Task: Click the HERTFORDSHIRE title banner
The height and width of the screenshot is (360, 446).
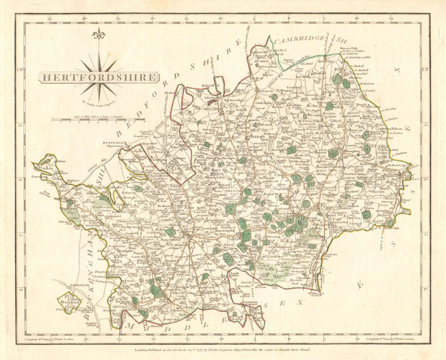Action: [x=99, y=78]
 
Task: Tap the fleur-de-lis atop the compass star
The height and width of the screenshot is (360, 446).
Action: [x=98, y=34]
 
